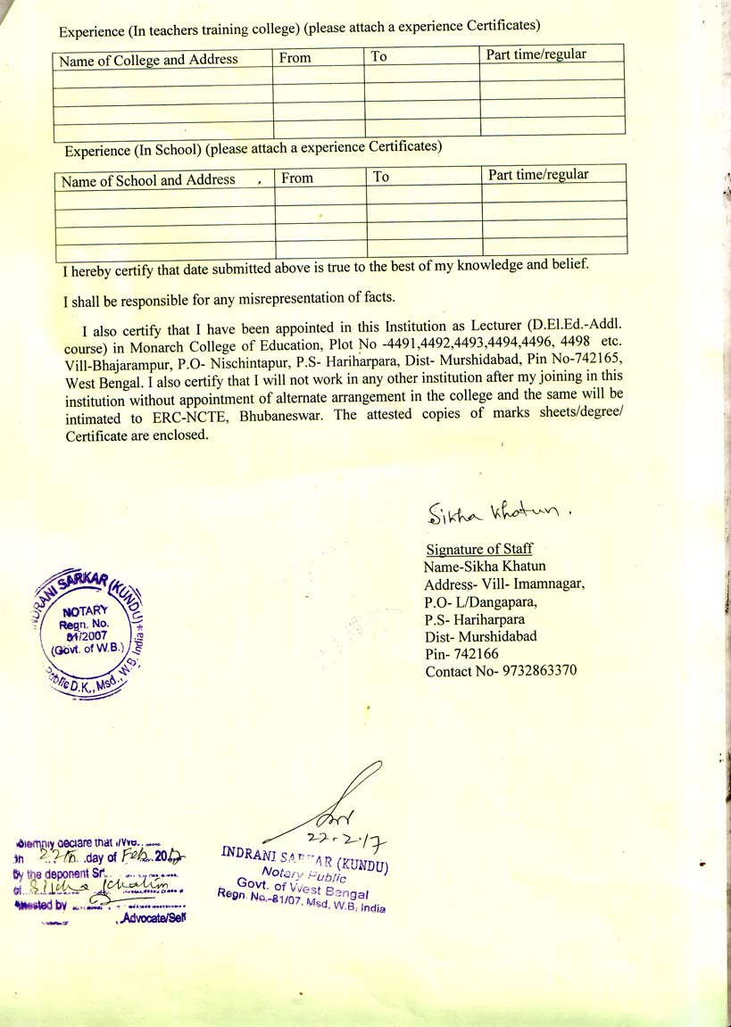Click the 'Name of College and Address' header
click(148, 60)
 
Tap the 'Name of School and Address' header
click(148, 180)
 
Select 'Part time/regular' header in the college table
click(536, 54)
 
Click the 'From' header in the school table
click(297, 178)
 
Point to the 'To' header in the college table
click(379, 56)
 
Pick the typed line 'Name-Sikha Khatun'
click(485, 566)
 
